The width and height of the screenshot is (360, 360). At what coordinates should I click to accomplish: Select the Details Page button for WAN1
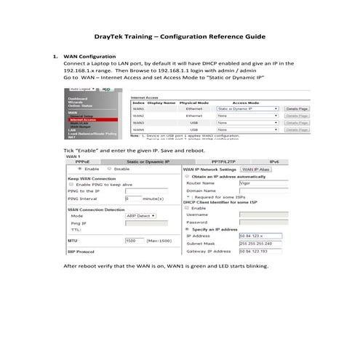click(297, 108)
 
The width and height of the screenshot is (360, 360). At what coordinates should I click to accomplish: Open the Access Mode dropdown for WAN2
click(247, 116)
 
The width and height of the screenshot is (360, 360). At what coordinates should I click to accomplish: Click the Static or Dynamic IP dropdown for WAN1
click(247, 108)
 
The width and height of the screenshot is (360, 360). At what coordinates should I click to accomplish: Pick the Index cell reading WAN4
click(138, 129)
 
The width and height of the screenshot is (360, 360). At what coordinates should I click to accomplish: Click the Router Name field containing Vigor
click(257, 185)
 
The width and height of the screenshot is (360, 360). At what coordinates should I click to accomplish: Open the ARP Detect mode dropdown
click(142, 216)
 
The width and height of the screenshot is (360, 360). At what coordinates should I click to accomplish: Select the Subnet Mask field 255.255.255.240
click(259, 243)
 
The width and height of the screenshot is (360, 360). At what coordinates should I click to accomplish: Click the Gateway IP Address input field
click(259, 251)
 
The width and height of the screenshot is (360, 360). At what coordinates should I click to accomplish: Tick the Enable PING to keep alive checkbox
click(72, 185)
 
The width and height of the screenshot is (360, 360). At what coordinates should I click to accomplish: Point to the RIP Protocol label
click(83, 252)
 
